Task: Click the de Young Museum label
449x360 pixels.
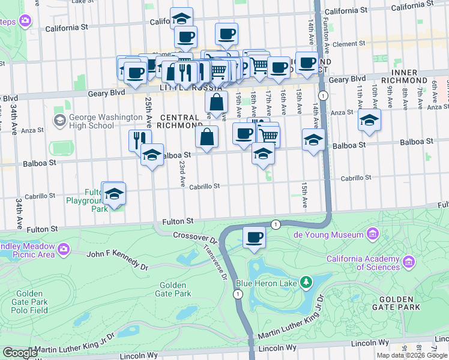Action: [x=340, y=235]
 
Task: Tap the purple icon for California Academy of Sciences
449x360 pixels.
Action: [x=409, y=262]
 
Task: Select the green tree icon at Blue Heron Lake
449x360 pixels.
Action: [x=306, y=281]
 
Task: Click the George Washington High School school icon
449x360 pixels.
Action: [x=59, y=121]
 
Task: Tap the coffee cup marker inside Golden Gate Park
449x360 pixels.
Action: [x=255, y=237]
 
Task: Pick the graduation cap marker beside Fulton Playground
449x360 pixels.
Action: [x=113, y=194]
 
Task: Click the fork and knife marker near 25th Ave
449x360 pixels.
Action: [x=139, y=140]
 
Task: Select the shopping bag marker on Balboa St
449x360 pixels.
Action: [x=206, y=136]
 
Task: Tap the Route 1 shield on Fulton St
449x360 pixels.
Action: [x=276, y=224]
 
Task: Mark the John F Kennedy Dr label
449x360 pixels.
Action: [x=118, y=259]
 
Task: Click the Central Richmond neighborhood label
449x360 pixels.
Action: [x=179, y=121]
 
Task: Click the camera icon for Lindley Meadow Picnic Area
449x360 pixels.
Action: [x=63, y=247]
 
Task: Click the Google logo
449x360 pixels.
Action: [x=20, y=353]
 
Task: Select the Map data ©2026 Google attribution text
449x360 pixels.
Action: [x=412, y=355]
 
